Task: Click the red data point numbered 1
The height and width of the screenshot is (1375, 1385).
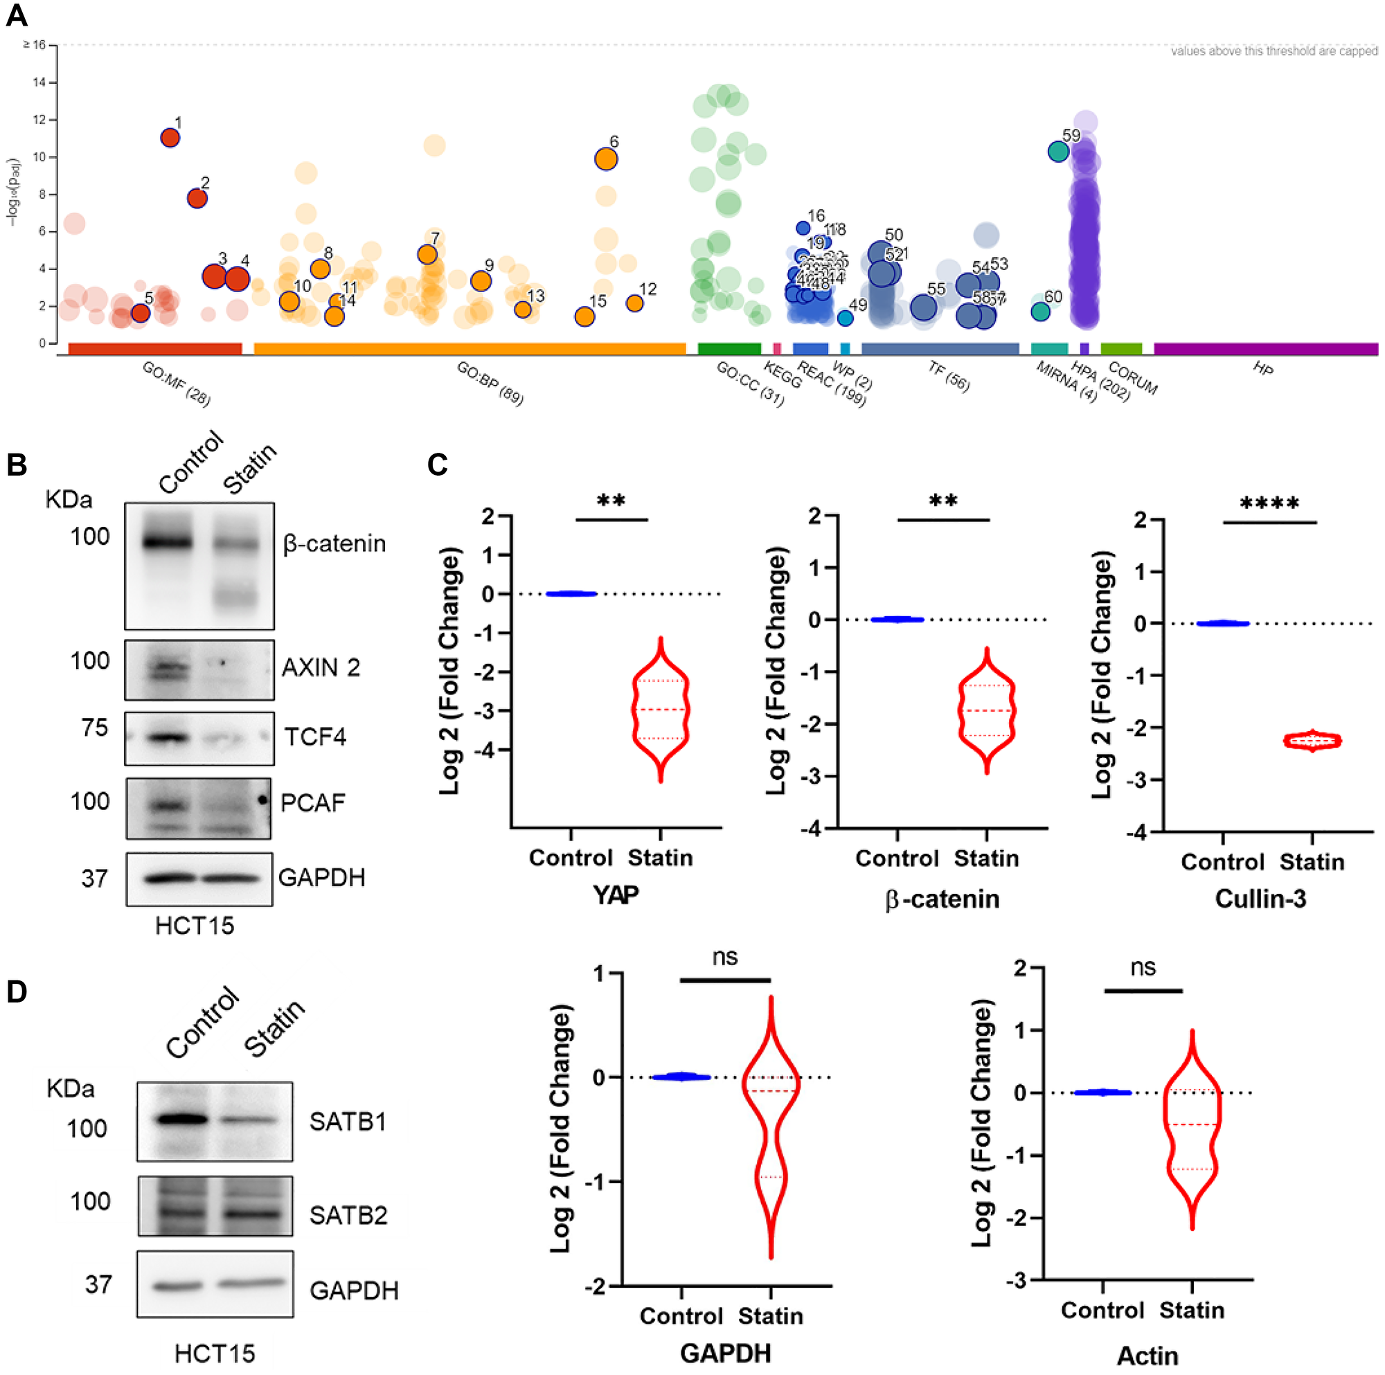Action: pos(170,138)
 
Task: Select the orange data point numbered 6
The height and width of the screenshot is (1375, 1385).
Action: pos(606,159)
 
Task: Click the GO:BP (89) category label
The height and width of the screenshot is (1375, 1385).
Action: pos(490,384)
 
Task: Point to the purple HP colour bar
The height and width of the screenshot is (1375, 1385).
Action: pos(1265,349)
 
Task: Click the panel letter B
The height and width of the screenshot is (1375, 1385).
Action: pos(17,465)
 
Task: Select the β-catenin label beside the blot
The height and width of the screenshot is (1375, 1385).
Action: pos(334,543)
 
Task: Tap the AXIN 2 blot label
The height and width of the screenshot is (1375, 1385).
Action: pos(321,667)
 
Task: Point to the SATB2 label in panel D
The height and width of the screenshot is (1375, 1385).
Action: pos(348,1215)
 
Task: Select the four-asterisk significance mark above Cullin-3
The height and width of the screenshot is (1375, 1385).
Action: pos(1269,504)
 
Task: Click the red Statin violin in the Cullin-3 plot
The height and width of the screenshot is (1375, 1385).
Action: pos(1312,741)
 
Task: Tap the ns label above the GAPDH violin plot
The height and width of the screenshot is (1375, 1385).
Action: pos(725,957)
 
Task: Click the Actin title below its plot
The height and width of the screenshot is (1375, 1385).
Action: pos(1147,1356)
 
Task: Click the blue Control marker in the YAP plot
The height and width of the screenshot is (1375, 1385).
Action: pos(571,593)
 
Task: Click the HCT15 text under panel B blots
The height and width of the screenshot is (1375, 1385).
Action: pos(195,926)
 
